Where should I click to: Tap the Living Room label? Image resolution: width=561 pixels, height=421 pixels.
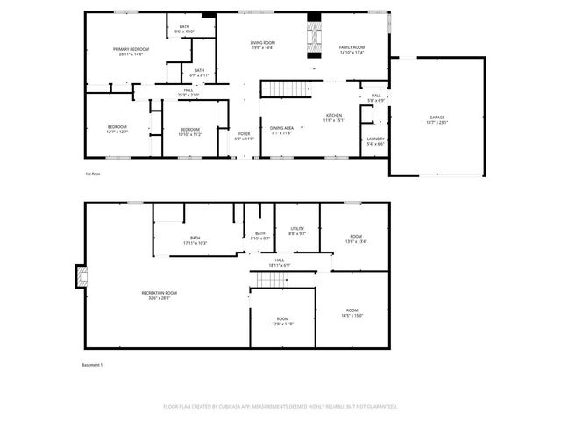tap(263, 45)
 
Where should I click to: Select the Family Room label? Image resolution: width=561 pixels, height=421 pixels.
tap(352, 49)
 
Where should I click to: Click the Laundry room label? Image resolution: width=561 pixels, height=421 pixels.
tap(375, 140)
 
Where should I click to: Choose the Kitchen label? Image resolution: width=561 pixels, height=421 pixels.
tap(334, 118)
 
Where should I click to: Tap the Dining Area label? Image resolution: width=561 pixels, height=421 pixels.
tap(281, 131)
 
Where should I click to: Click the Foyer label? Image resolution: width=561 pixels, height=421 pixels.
tap(244, 136)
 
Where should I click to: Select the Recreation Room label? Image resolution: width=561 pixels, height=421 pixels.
tap(160, 295)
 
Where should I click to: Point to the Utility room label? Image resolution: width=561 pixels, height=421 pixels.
tap(297, 231)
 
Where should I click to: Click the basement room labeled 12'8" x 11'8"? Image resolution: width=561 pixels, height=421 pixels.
tap(282, 320)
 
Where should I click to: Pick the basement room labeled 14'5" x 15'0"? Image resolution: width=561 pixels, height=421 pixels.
tap(352, 312)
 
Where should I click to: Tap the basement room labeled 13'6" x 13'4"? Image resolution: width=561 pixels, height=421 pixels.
tap(355, 239)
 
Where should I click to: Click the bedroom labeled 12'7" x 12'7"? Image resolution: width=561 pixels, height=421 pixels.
tap(117, 129)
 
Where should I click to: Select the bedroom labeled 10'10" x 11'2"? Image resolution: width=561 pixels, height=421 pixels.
tap(190, 132)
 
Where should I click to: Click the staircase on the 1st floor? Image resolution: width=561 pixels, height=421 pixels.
tap(287, 89)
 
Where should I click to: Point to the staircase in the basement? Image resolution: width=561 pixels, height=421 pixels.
tap(271, 279)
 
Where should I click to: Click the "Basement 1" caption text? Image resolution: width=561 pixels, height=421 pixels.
tap(92, 365)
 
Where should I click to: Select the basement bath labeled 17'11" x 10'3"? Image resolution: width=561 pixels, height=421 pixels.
tap(195, 239)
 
